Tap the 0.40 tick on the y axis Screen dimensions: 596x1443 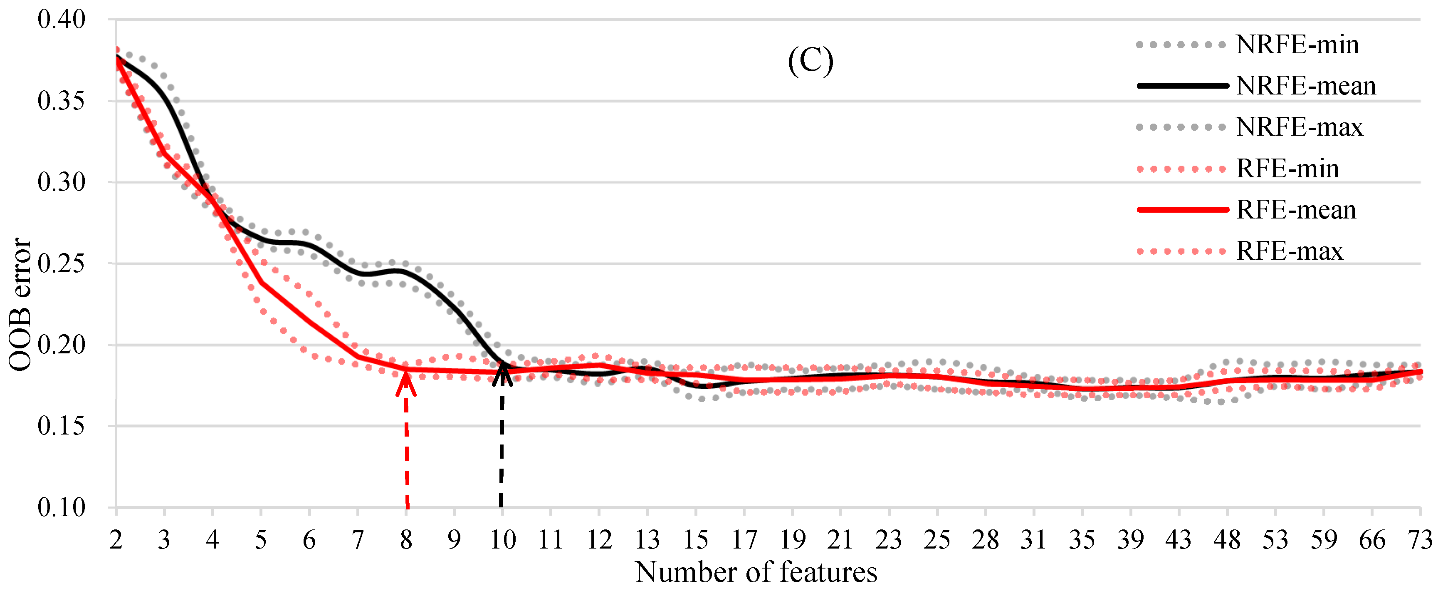pyautogui.click(x=61, y=20)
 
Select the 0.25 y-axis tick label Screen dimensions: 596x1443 pyautogui.click(x=61, y=263)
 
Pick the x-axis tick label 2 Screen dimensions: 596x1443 pyautogui.click(x=116, y=540)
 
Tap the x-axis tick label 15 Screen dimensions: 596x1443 pyautogui.click(x=696, y=540)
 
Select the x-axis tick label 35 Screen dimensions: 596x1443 pyautogui.click(x=1082, y=540)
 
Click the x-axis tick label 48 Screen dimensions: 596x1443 pyautogui.click(x=1227, y=540)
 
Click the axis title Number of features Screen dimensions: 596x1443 pyautogui.click(x=756, y=572)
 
